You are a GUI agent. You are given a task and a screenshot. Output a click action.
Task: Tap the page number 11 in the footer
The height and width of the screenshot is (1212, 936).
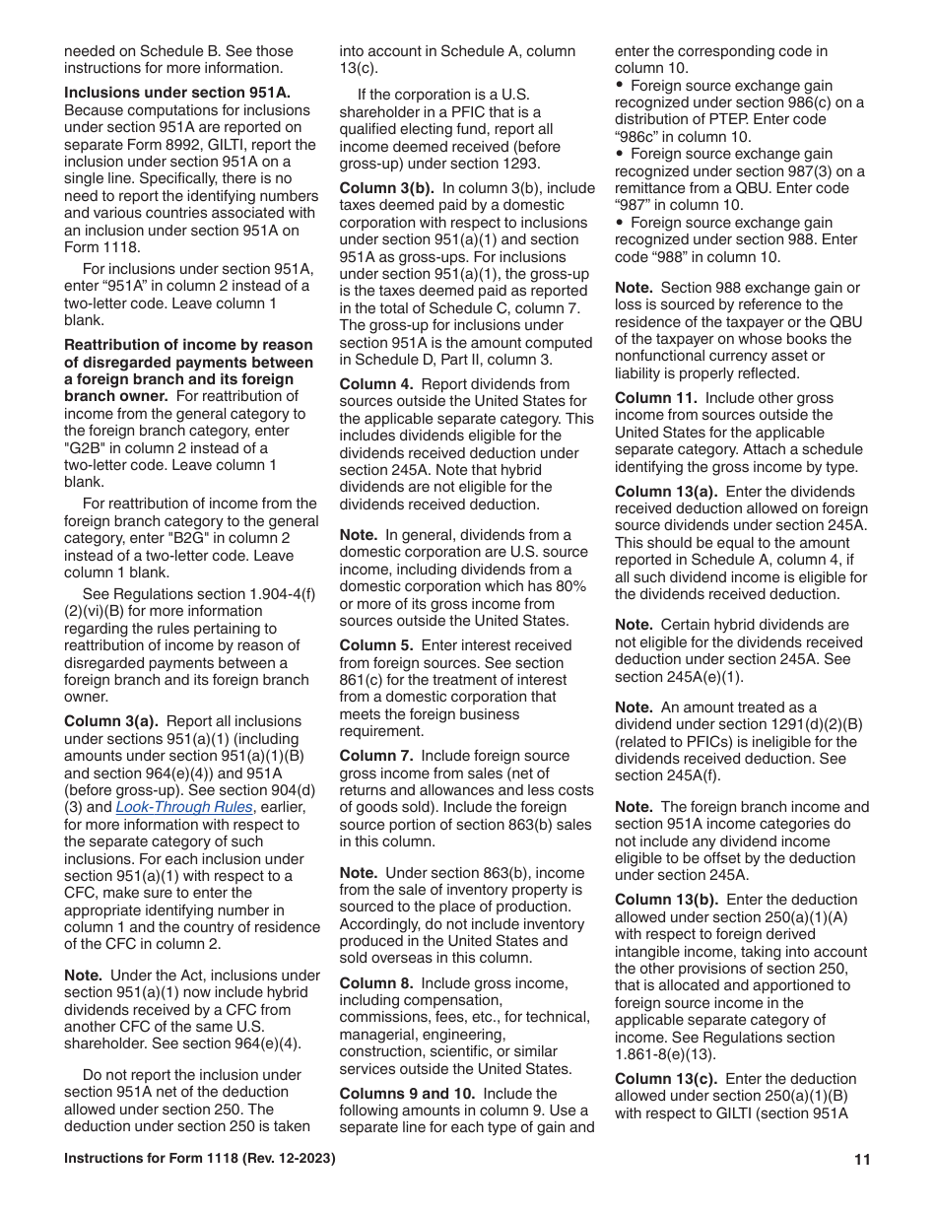[x=862, y=1160]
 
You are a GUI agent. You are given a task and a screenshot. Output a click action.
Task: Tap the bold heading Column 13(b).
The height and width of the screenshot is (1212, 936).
[x=666, y=900]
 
